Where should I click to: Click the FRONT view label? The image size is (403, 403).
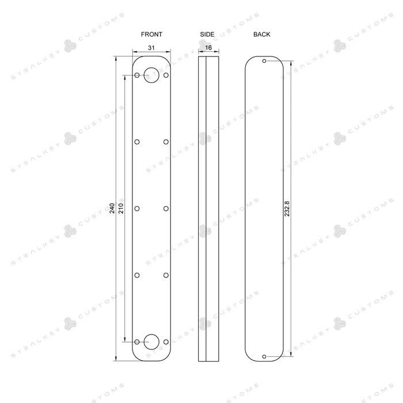(151, 34)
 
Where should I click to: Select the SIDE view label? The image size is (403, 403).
(207, 34)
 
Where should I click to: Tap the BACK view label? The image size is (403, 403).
(261, 34)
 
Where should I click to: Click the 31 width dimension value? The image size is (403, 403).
(151, 48)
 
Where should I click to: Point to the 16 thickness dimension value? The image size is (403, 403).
(208, 48)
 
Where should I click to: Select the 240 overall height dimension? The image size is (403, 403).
(112, 208)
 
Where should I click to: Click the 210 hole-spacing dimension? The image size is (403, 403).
(121, 208)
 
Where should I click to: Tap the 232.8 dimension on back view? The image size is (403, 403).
(287, 208)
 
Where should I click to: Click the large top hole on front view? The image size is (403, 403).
(151, 67)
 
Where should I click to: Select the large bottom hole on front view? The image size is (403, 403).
(151, 334)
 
